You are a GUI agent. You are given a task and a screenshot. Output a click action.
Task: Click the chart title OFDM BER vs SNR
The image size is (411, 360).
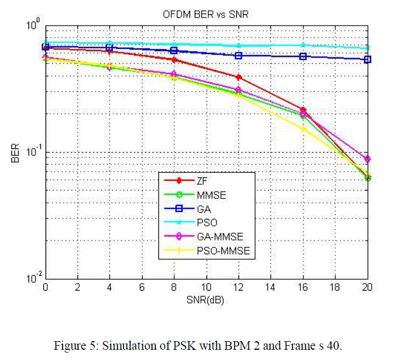coord(207,15)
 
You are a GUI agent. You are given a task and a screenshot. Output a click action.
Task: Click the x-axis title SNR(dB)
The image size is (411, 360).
coord(207,300)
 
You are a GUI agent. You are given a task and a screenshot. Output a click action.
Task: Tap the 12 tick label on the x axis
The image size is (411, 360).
coord(239,288)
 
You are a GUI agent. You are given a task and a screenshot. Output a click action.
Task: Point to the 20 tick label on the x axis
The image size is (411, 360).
coord(367,288)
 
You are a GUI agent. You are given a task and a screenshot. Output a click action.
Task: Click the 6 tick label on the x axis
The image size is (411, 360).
coord(142,288)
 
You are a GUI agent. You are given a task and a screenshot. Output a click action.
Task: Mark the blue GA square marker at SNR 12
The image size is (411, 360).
coord(239,56)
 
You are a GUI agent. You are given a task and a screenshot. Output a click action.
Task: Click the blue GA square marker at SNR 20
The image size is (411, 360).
coord(367,59)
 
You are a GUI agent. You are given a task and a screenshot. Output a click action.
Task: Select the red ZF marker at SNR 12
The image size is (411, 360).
coord(239,77)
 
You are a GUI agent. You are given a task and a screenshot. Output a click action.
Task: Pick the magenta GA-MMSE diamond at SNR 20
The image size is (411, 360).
coord(367,159)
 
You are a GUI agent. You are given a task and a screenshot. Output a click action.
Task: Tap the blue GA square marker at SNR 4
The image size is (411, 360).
coord(110,48)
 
